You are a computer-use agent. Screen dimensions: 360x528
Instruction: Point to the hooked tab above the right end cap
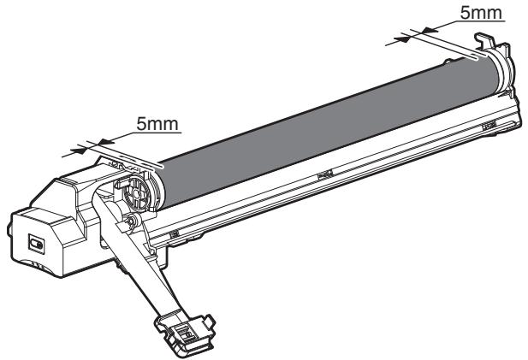pyautogui.click(x=485, y=43)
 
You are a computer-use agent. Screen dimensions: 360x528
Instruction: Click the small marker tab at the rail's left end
pyautogui.click(x=174, y=233)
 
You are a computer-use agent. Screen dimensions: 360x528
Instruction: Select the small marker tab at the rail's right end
pyautogui.click(x=489, y=125)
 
